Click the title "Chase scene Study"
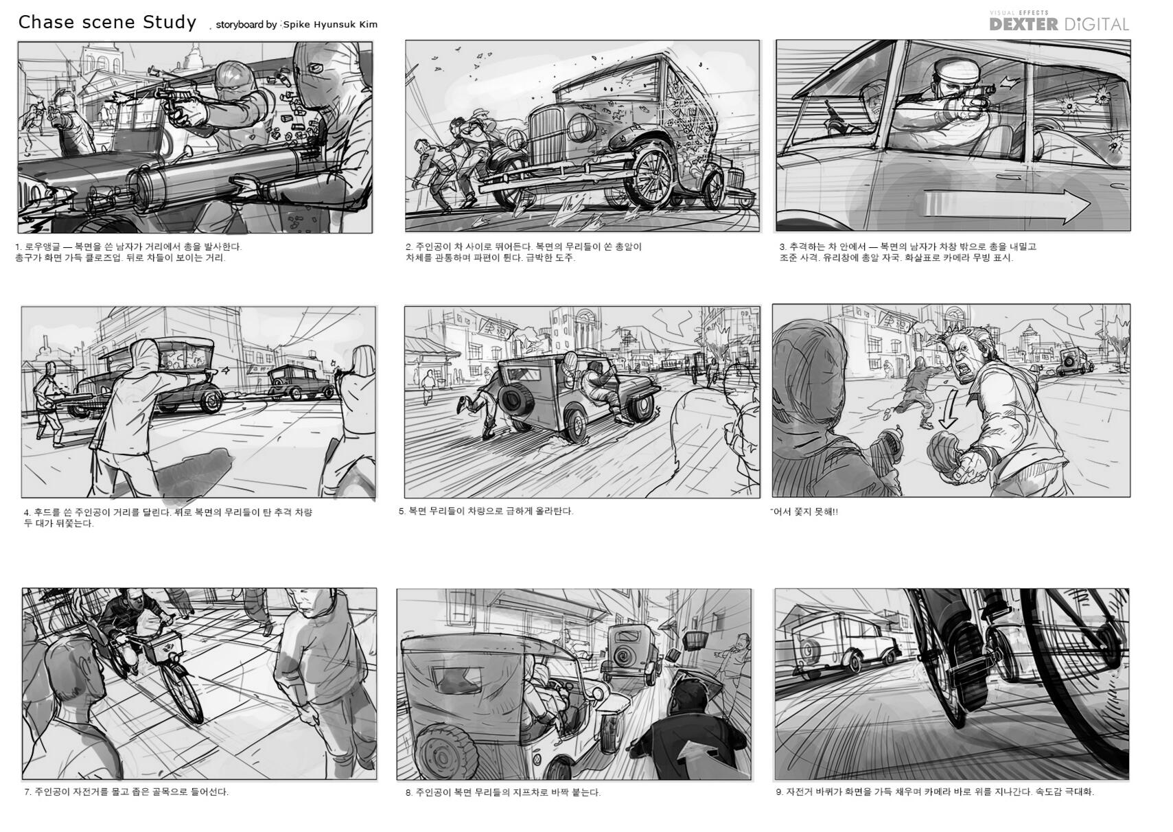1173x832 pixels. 107,23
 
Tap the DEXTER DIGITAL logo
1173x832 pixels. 1059,22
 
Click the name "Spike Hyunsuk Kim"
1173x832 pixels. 330,25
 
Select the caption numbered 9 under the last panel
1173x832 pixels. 935,792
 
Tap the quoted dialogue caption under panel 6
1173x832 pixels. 804,511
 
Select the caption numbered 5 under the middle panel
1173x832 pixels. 485,511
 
